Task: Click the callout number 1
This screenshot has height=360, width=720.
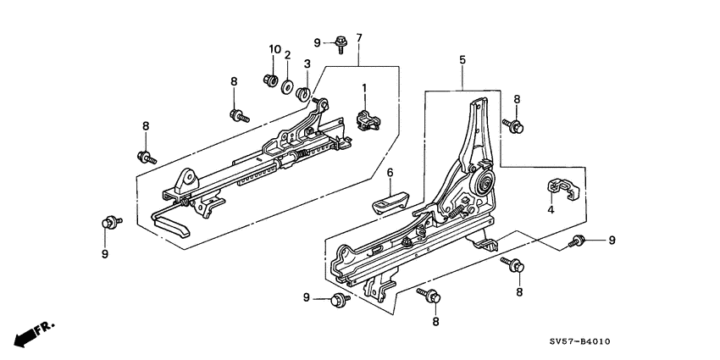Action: (364, 87)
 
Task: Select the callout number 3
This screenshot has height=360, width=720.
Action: (307, 64)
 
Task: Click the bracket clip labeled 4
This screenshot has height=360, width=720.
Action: (559, 190)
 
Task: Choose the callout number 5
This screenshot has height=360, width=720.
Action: (462, 60)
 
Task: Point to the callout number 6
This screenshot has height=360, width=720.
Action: (390, 173)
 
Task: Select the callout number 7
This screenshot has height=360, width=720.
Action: (358, 38)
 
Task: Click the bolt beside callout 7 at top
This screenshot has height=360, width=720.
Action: (341, 41)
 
